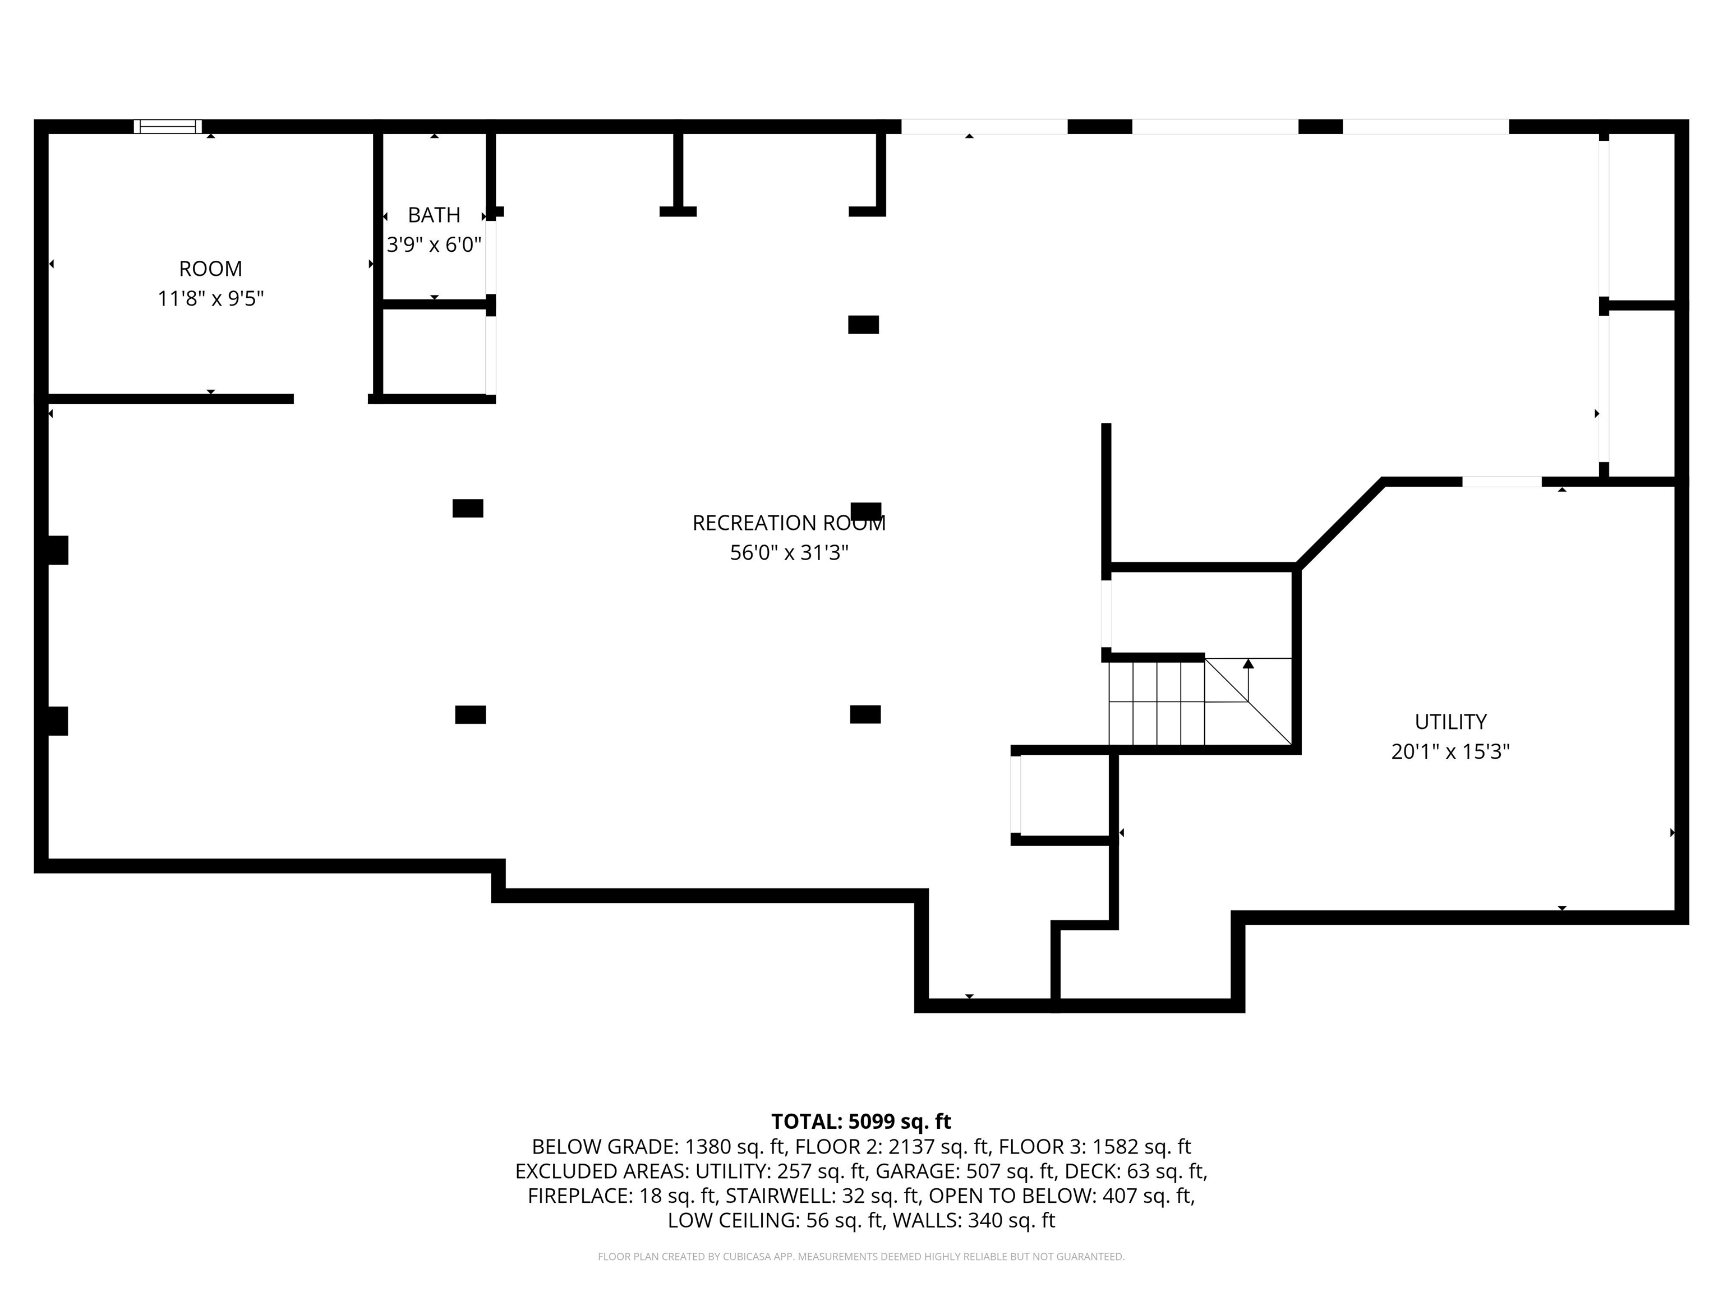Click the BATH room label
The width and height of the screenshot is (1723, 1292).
(434, 214)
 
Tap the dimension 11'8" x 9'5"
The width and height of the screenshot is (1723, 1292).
(210, 298)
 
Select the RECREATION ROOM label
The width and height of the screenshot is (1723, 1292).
(788, 523)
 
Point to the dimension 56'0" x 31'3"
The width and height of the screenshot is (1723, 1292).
(788, 552)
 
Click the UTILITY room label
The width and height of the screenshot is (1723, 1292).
(1450, 721)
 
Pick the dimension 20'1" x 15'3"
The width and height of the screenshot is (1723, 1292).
(1450, 751)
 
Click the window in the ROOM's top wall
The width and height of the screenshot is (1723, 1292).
(168, 126)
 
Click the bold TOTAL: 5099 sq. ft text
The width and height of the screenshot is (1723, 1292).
(861, 1122)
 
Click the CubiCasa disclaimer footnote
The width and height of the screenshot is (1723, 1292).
(861, 1256)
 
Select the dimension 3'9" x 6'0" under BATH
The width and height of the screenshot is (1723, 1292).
(434, 244)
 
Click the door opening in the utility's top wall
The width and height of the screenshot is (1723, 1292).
(1501, 481)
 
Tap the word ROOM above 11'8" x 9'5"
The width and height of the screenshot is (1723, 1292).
(210, 269)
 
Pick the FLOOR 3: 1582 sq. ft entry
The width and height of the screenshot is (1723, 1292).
(1094, 1146)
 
